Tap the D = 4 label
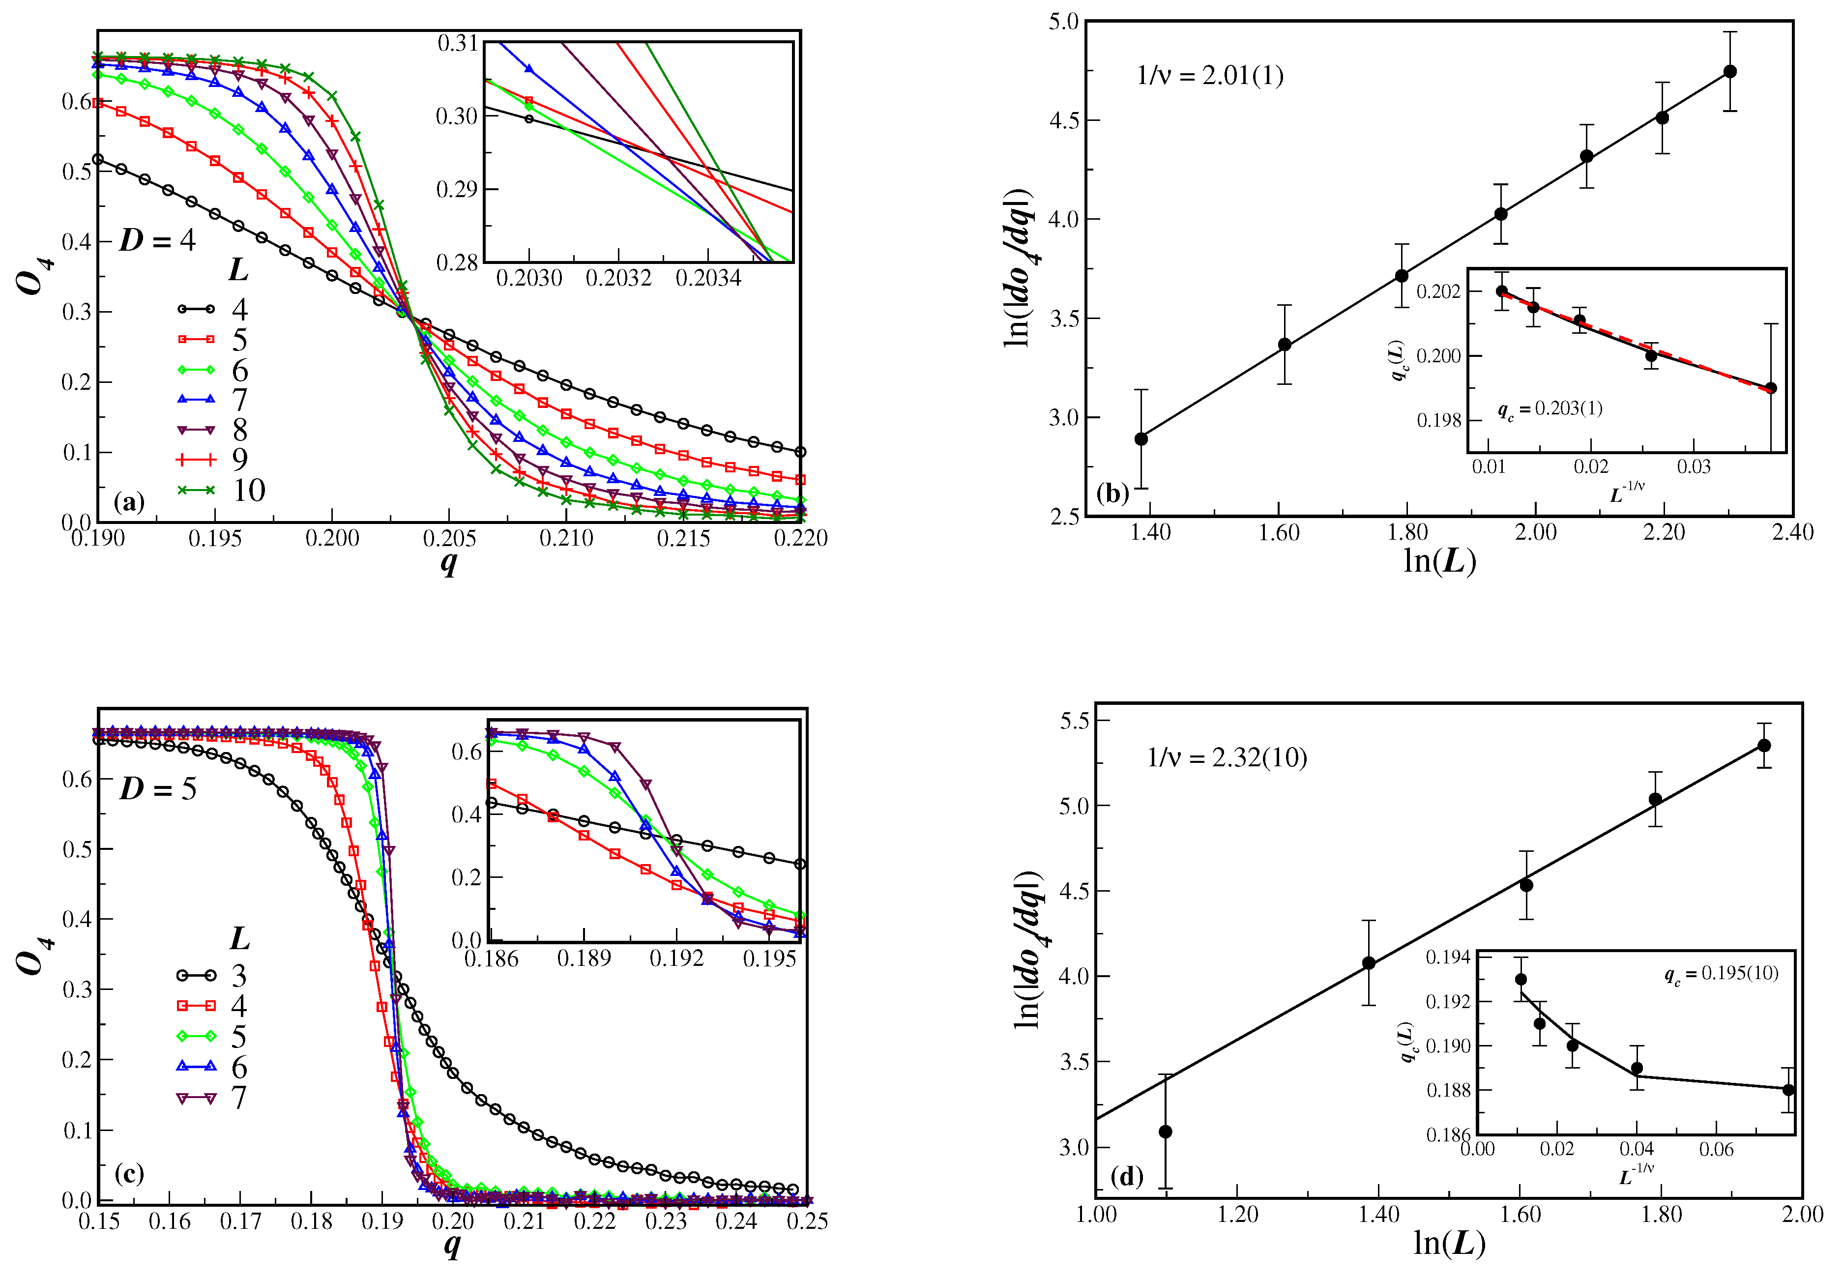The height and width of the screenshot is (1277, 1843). pyautogui.click(x=157, y=240)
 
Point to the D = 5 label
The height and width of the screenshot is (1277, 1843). pyautogui.click(x=158, y=789)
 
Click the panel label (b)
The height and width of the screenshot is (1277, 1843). pyautogui.click(x=1112, y=493)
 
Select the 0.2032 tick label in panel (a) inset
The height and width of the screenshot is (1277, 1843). pyautogui.click(x=618, y=278)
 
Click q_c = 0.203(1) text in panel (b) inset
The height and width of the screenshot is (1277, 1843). pyautogui.click(x=1550, y=409)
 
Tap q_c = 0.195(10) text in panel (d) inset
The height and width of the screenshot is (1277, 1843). pyautogui.click(x=1721, y=974)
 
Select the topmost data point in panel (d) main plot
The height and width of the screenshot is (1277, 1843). pyautogui.click(x=1764, y=745)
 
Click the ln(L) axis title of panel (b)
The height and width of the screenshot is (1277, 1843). pyautogui.click(x=1439, y=561)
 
